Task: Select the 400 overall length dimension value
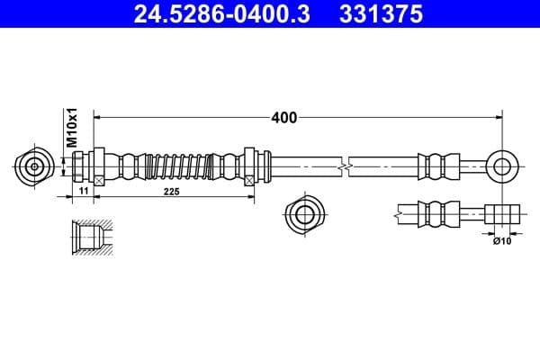tap(283, 117)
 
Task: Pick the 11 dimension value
tap(82, 192)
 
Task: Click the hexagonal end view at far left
tap(34, 166)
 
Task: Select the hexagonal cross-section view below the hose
tap(301, 215)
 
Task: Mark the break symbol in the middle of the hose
tap(343, 166)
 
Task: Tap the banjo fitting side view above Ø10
tap(502, 215)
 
